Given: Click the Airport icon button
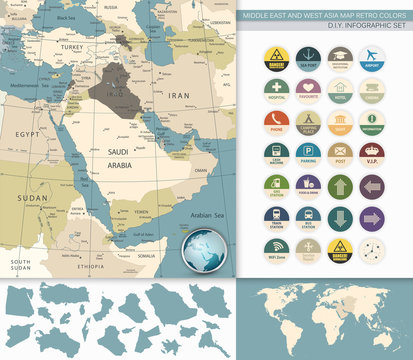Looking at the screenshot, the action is pos(371,57).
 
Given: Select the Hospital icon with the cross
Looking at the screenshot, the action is pos(276,90).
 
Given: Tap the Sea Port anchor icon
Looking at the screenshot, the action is pos(308,57).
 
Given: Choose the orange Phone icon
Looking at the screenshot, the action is pos(276,122).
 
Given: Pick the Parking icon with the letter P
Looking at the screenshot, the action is pos(308,153).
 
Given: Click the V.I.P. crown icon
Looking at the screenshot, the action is pos(371,153).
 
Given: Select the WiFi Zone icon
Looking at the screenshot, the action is pos(276,248).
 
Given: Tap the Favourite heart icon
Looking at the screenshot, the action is pos(308,90).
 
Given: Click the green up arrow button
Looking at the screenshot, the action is pos(340,185).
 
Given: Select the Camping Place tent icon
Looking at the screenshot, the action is pos(308,122).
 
